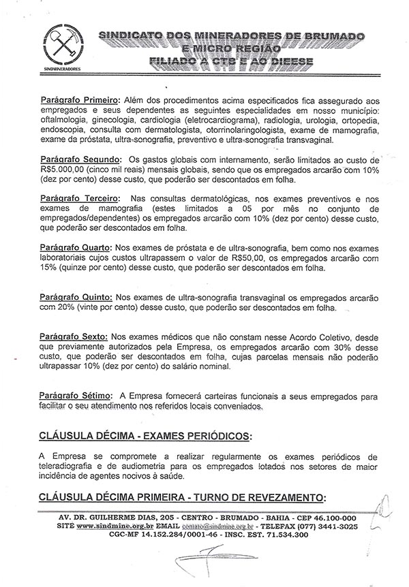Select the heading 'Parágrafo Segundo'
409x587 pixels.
[72, 159]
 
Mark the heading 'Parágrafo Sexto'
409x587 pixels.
[67, 336]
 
